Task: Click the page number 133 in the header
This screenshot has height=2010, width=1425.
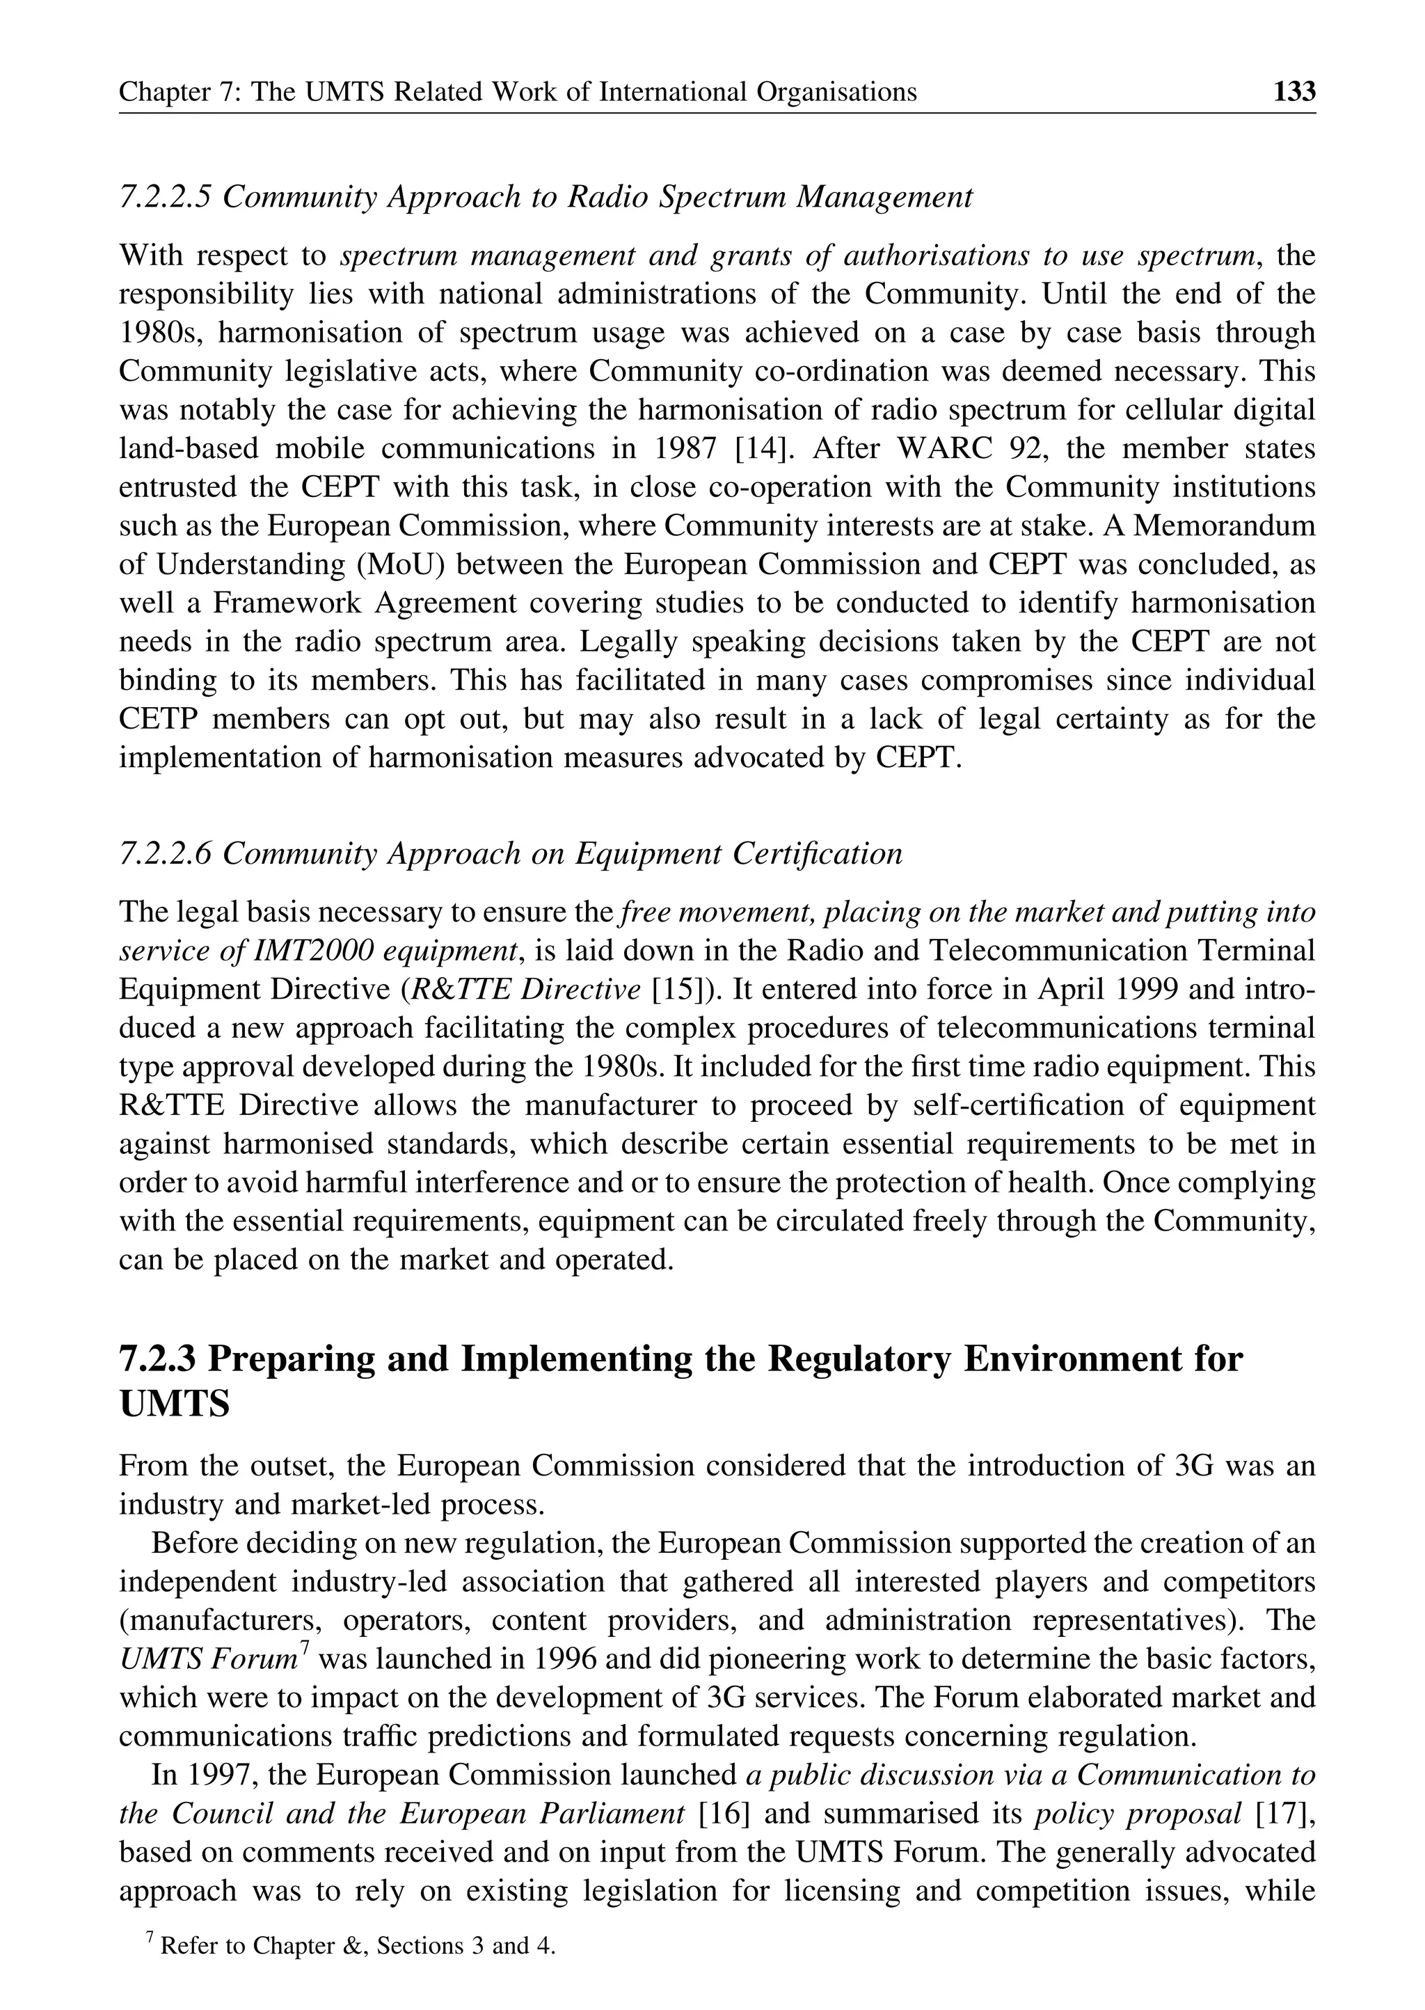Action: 1294,91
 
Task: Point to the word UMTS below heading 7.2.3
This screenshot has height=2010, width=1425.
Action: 174,1404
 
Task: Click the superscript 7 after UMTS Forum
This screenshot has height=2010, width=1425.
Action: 305,1648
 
